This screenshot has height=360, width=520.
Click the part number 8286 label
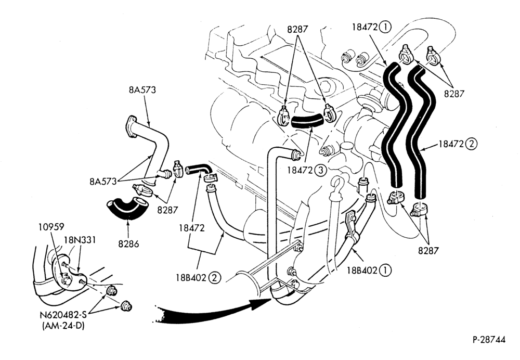[x=128, y=244]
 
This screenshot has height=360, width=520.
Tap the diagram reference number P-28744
[x=489, y=340]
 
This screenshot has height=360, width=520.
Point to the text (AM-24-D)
[x=63, y=326]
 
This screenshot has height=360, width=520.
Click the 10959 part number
[x=51, y=227]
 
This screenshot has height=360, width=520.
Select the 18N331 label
[x=80, y=239]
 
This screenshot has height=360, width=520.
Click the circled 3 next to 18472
[x=320, y=170]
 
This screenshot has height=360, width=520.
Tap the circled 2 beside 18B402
[x=215, y=277]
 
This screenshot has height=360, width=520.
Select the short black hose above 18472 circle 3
[x=307, y=121]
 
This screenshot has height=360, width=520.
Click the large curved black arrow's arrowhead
[x=262, y=302]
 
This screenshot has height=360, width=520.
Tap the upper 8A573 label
[x=142, y=90]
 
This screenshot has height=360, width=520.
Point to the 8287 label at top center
[x=297, y=29]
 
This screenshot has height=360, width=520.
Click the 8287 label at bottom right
[x=428, y=251]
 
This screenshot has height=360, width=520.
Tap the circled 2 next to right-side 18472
[x=472, y=144]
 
